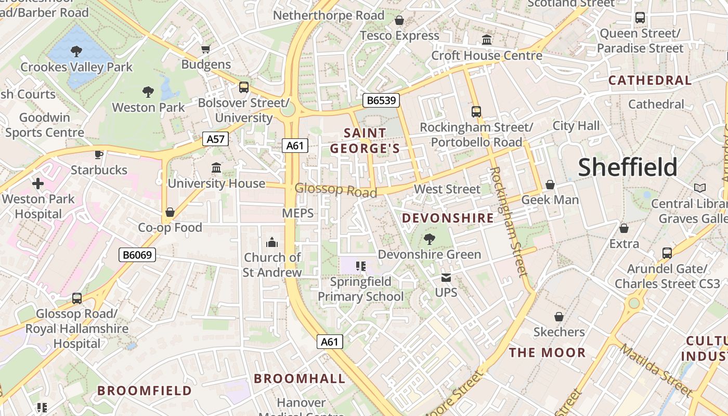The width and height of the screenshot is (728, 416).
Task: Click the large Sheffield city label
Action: click(x=628, y=167)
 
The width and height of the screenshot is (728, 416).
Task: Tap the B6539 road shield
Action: click(x=380, y=100)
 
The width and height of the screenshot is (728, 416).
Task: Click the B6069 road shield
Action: click(x=137, y=255)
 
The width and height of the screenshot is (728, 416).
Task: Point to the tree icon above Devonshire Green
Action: click(x=430, y=239)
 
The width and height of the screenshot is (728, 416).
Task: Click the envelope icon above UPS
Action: click(x=446, y=278)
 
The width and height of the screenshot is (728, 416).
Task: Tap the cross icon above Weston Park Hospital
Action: click(x=38, y=184)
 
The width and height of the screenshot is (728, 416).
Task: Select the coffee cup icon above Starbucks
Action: click(x=99, y=154)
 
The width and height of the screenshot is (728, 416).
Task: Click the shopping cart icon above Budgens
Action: click(x=206, y=49)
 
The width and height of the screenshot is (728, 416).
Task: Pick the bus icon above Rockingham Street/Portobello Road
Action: click(x=476, y=111)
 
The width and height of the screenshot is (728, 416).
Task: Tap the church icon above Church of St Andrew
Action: click(x=272, y=242)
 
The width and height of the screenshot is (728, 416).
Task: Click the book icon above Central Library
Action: click(x=700, y=188)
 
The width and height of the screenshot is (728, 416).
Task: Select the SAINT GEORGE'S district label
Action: click(x=365, y=141)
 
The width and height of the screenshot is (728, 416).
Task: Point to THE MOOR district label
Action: click(x=547, y=353)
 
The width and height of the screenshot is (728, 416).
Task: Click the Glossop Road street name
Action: click(x=336, y=190)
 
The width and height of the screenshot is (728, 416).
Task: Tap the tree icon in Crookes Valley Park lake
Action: click(x=76, y=51)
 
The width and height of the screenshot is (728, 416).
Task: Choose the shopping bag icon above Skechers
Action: click(x=559, y=317)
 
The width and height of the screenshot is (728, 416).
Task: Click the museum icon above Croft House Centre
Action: click(x=487, y=40)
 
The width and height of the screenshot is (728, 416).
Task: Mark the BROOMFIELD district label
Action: click(x=145, y=391)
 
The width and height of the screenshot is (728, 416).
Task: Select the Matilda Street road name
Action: click(x=656, y=371)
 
